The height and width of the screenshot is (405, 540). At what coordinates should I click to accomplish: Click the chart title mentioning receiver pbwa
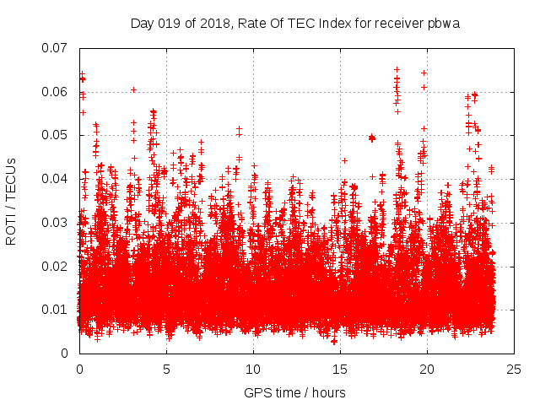tap(294, 22)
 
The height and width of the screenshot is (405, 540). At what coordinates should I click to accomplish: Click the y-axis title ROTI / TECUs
tap(11, 200)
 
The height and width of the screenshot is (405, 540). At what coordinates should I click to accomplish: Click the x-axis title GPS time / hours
tap(294, 392)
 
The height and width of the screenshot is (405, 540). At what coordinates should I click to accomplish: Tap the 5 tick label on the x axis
tap(166, 369)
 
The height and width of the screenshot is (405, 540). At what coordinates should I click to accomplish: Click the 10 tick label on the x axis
tap(253, 369)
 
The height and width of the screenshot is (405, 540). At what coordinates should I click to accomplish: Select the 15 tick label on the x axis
tap(340, 369)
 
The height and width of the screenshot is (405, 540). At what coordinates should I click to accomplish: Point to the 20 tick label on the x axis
tap(427, 369)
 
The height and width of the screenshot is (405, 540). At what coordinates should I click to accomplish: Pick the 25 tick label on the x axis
tap(514, 369)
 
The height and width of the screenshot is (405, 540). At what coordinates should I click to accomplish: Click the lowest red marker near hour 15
tap(334, 342)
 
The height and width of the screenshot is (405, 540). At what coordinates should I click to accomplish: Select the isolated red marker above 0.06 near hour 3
tap(133, 89)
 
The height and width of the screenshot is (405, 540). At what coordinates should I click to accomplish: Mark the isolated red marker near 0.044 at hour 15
tap(344, 160)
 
